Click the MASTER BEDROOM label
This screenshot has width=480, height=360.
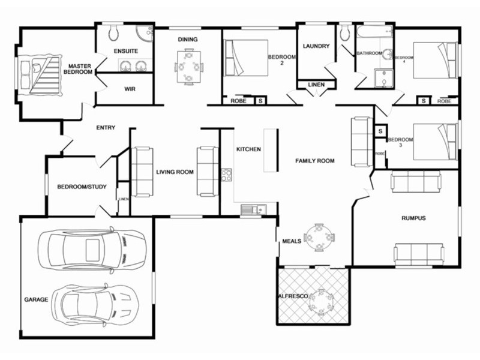coord(79,69)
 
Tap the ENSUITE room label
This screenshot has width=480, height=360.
coord(126,51)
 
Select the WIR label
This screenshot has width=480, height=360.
coord(130,89)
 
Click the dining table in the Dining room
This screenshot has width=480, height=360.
coord(189,66)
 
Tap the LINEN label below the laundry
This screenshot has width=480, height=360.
coord(316,85)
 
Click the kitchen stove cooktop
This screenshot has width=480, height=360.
coord(227,175)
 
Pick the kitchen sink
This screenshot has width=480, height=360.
coord(250,209)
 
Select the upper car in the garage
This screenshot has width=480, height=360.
coord(91,248)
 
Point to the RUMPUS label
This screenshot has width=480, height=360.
coord(413,218)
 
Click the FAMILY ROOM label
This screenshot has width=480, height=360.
coord(315,161)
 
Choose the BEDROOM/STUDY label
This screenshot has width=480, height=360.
coord(82,187)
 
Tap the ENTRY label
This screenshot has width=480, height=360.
coord(106,127)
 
